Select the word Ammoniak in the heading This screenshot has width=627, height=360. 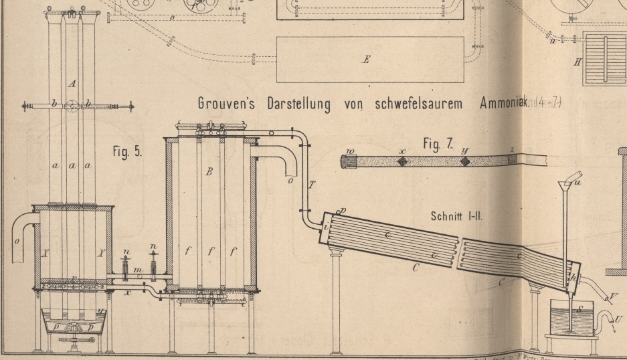509,104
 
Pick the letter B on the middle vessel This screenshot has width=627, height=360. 209,172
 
